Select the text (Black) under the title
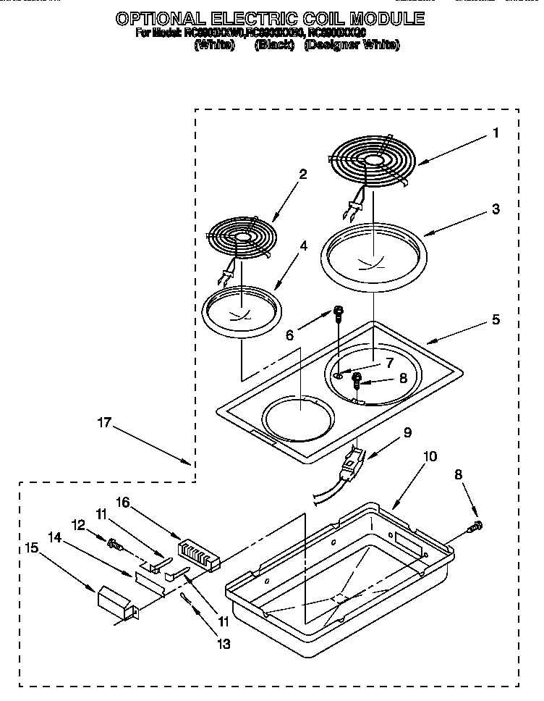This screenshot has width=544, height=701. pyautogui.click(x=274, y=46)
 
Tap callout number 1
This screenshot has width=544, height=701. pyautogui.click(x=495, y=133)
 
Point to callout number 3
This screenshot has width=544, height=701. pyautogui.click(x=495, y=209)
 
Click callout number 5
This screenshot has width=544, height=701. pyautogui.click(x=495, y=319)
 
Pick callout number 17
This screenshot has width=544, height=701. pyautogui.click(x=105, y=422)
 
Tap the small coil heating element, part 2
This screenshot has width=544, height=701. pyautogui.click(x=238, y=237)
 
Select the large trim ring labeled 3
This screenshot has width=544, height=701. pyautogui.click(x=374, y=253)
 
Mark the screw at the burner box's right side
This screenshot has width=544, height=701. pyautogui.click(x=477, y=526)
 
